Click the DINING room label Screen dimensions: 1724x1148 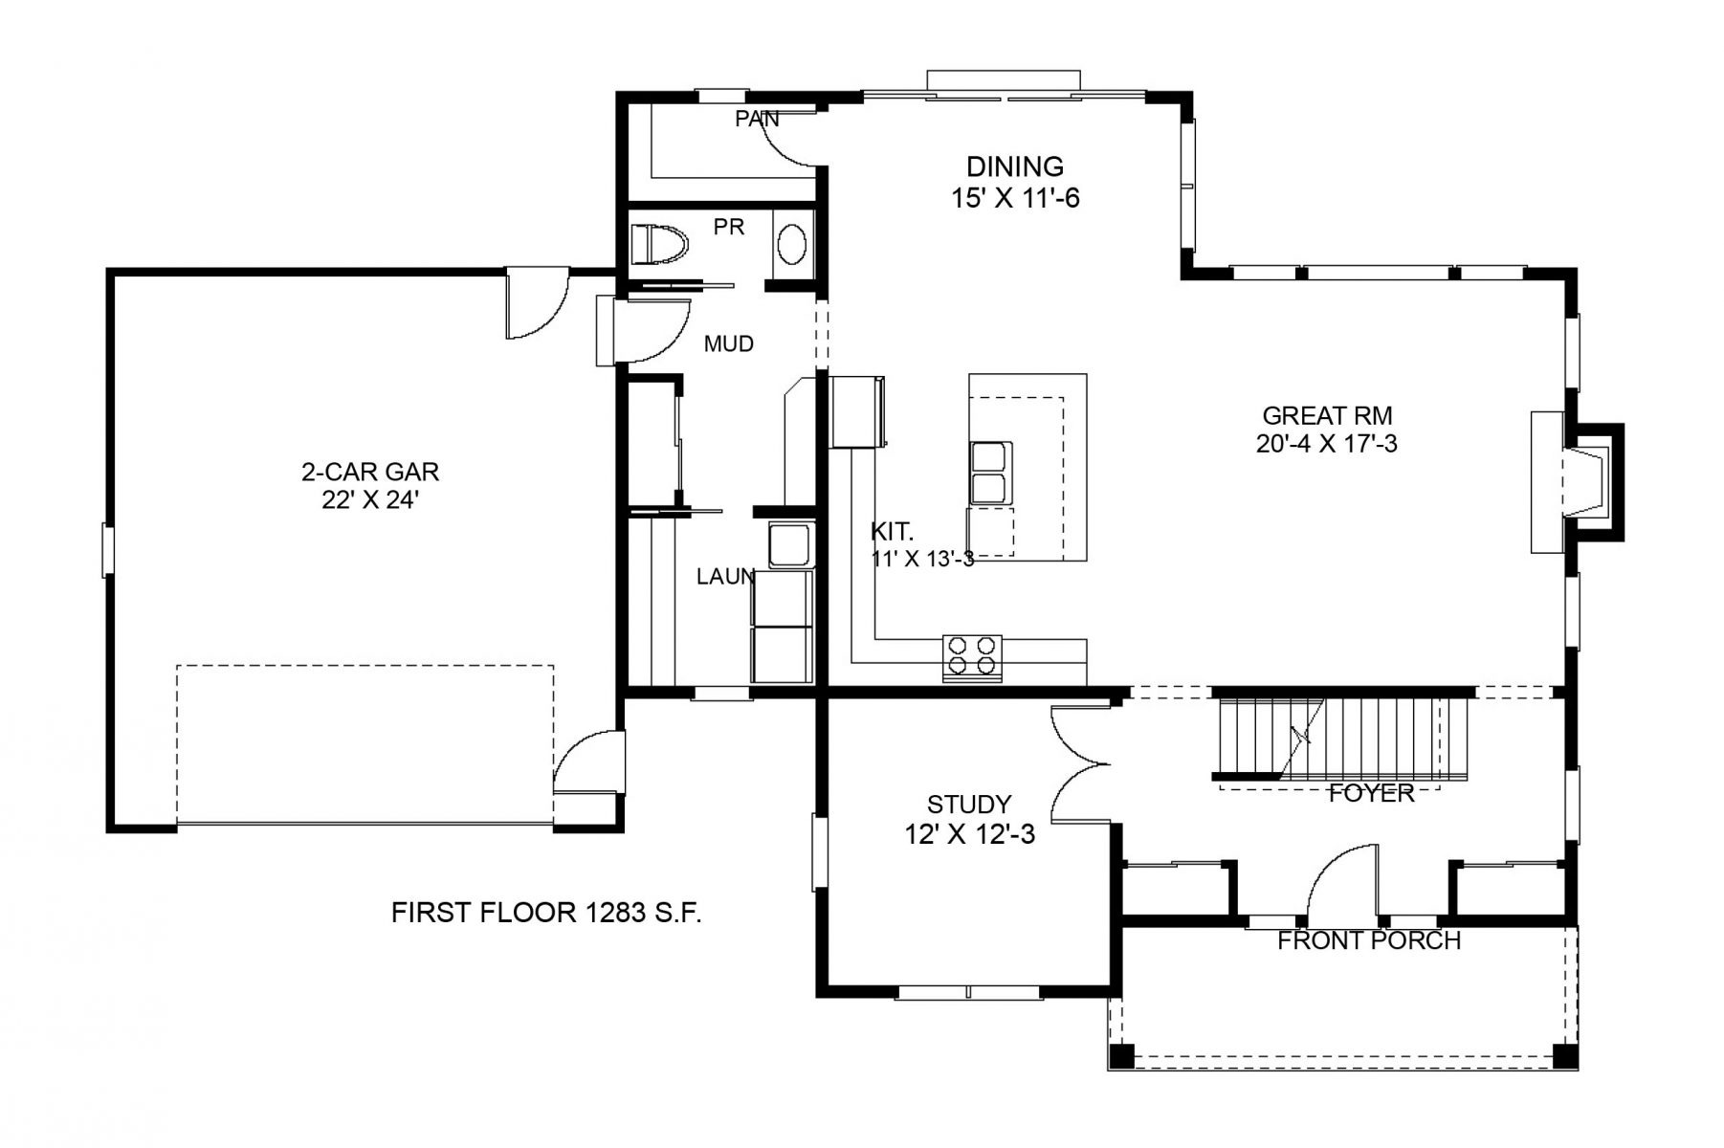(1015, 166)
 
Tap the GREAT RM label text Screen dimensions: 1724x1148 (1327, 415)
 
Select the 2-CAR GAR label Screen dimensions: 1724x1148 (370, 471)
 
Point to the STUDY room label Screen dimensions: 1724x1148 (969, 804)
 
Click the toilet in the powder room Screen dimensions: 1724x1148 (660, 245)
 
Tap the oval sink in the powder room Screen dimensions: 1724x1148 (791, 246)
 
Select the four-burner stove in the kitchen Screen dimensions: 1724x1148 (972, 657)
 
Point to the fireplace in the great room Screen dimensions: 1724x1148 (1576, 481)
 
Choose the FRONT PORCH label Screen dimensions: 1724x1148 (1369, 941)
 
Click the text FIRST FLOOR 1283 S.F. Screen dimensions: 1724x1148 (546, 913)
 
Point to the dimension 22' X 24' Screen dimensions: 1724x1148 (370, 499)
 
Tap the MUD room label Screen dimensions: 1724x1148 (728, 343)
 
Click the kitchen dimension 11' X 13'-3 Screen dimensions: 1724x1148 (922, 559)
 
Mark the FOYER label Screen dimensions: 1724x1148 (1371, 793)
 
